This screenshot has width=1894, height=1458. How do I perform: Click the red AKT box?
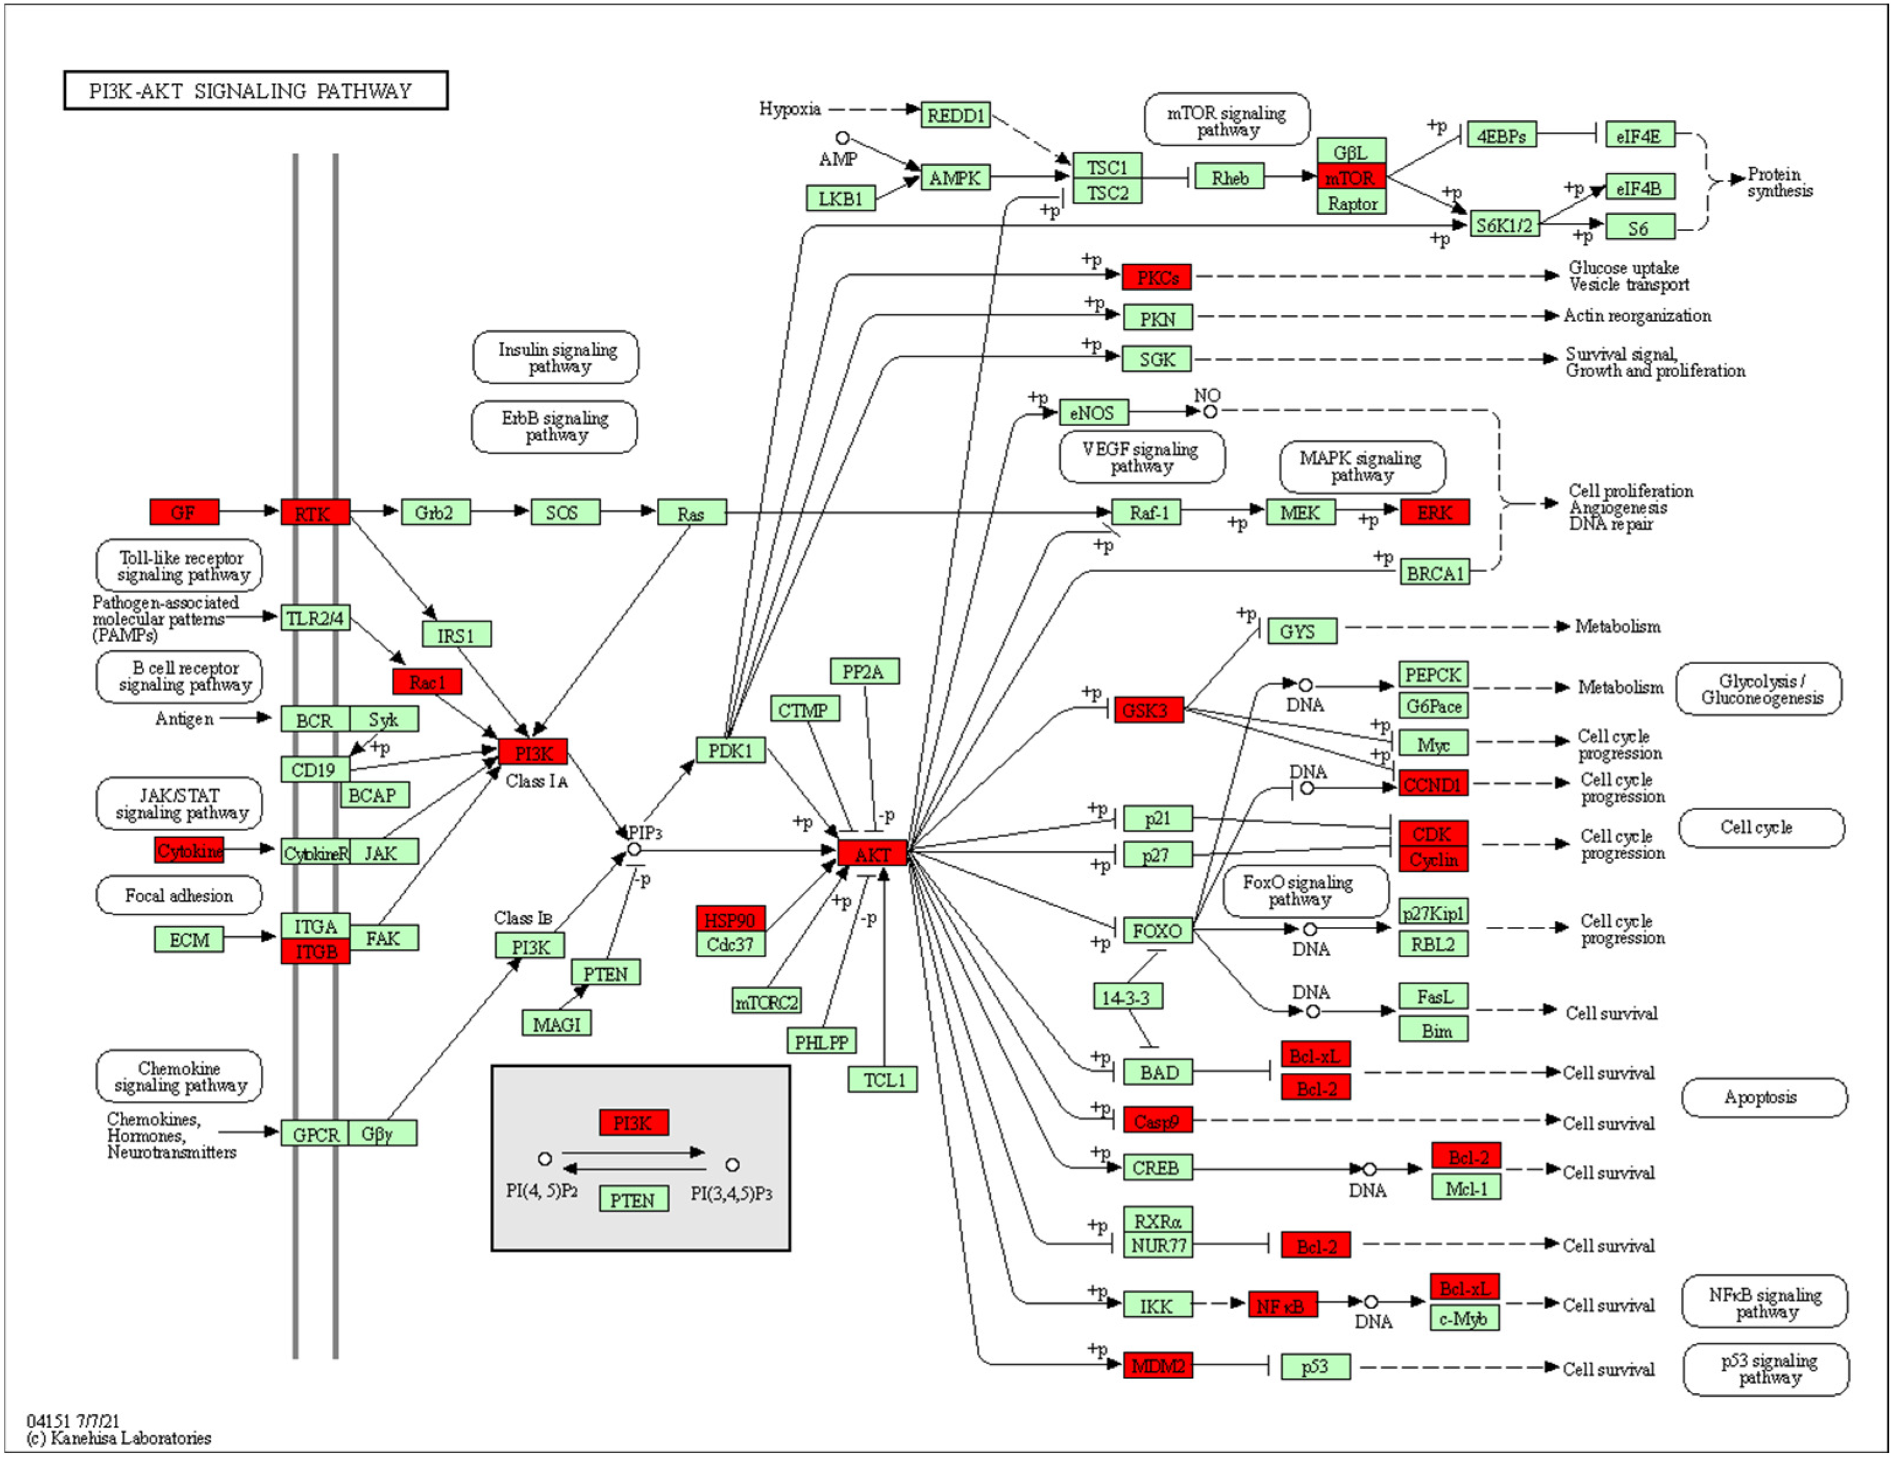coord(872,854)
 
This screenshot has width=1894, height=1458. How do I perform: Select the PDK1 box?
coord(730,751)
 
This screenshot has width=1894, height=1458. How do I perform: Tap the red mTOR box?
coord(1350,177)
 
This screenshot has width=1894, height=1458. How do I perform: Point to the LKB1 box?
coord(840,198)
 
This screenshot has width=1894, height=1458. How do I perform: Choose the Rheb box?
coord(1229,177)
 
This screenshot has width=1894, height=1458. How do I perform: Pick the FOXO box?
coord(1157,931)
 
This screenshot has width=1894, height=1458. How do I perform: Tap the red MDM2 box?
coord(1157,1366)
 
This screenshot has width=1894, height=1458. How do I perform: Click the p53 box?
coord(1315,1366)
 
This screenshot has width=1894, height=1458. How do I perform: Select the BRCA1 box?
coord(1435,573)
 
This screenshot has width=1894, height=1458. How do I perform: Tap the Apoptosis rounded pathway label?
coord(1763,1097)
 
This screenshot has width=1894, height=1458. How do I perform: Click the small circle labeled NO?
coord(1210,411)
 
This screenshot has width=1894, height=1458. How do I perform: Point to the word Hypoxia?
coord(789,109)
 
